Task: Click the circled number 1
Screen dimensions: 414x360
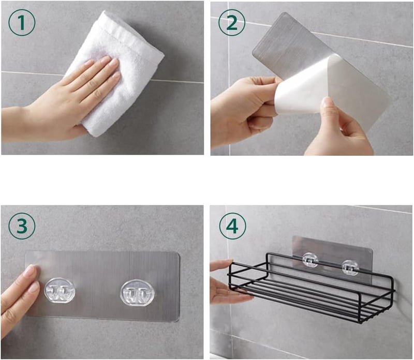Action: [x=22, y=22]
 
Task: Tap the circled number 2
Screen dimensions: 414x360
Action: [x=232, y=22]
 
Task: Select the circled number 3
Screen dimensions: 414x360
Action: [x=22, y=226]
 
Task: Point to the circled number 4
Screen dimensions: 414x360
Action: [x=232, y=226]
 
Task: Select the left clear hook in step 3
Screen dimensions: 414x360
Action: [x=60, y=291]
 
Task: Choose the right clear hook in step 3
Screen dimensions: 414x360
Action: [x=137, y=293]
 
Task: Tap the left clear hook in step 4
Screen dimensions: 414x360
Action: [x=310, y=260]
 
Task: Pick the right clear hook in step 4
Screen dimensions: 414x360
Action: [x=350, y=267]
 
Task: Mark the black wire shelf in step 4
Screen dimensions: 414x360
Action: [x=312, y=288]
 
